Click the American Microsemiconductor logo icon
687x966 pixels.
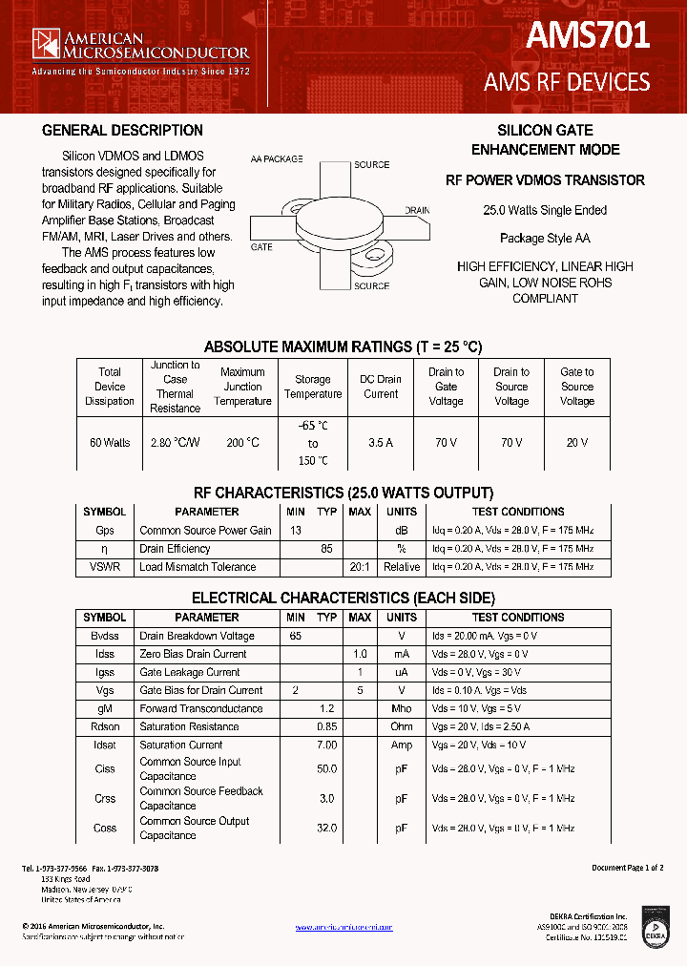pos(46,44)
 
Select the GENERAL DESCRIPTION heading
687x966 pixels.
pos(122,131)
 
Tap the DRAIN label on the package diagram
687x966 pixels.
pos(417,210)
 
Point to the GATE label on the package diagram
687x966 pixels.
pos(261,247)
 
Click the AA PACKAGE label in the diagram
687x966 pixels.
pos(277,158)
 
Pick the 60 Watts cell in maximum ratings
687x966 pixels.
pos(110,443)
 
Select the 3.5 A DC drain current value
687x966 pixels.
pos(381,443)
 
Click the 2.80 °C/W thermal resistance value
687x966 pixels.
pos(176,443)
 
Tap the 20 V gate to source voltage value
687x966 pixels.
pos(576,443)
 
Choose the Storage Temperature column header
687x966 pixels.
pos(312,387)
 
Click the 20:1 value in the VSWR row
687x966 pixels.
pos(360,567)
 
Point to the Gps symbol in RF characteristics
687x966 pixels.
pos(105,531)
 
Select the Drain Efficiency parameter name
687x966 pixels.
pos(176,549)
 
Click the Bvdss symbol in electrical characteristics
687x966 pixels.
pos(105,636)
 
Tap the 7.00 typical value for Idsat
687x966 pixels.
pos(326,745)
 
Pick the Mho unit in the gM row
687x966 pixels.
pos(402,708)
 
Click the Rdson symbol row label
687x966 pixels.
pos(105,726)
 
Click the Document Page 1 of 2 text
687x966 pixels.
pos(627,868)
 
